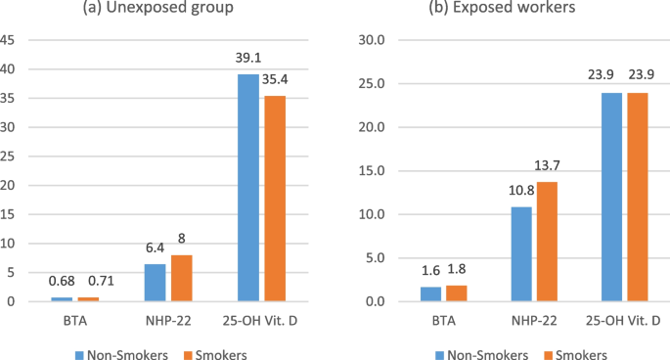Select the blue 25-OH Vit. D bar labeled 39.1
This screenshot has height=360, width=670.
pyautogui.click(x=248, y=187)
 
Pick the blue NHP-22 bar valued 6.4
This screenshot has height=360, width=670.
pyautogui.click(x=155, y=283)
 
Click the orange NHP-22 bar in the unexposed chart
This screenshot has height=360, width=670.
pyautogui.click(x=181, y=278)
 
